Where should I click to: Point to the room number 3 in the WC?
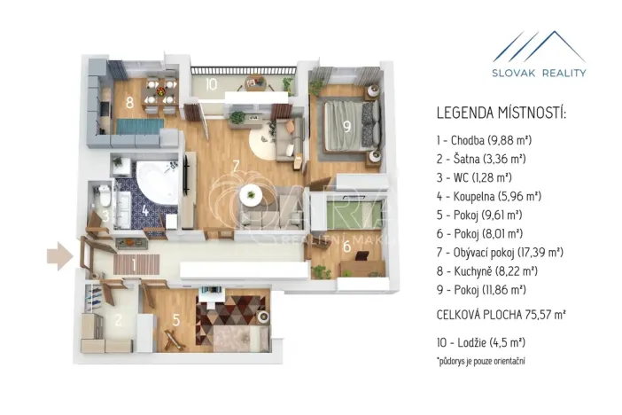105,215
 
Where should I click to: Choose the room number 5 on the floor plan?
175,321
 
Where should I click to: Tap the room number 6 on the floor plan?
346,247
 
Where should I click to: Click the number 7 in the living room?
236,166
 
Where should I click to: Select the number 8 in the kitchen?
129,103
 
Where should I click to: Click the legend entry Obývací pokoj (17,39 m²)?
500,252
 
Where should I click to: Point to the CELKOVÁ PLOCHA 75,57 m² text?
501,314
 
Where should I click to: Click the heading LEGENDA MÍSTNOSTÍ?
501,114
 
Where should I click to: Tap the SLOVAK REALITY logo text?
540,73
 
